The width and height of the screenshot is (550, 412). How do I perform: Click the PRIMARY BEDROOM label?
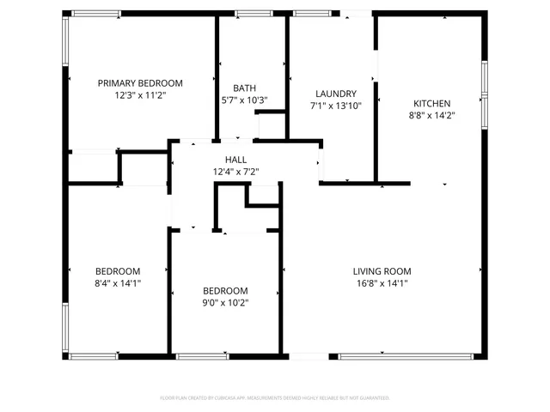[140, 83]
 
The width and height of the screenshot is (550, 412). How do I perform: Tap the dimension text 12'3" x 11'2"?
[140, 95]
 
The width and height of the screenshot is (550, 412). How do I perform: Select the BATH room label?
[244, 88]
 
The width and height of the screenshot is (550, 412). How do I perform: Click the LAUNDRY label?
[335, 94]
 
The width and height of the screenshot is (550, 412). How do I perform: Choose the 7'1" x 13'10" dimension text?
[335, 106]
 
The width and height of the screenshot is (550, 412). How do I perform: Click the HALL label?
[235, 160]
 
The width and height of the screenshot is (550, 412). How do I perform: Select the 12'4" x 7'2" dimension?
[235, 172]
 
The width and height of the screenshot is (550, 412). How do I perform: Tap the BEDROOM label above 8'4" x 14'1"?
[118, 271]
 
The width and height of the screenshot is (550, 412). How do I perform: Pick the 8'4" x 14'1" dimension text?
[118, 283]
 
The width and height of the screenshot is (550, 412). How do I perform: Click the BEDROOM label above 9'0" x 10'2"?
[225, 290]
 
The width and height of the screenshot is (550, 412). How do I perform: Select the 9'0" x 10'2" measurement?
[225, 302]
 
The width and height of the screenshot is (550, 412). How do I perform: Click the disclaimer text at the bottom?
[275, 398]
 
